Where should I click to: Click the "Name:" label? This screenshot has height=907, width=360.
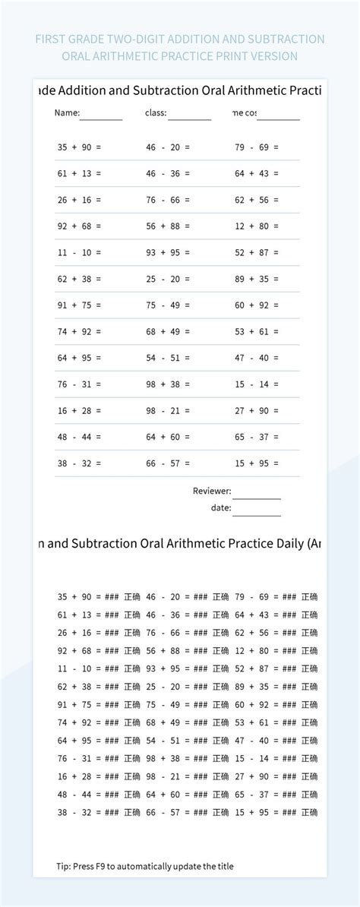[67, 113]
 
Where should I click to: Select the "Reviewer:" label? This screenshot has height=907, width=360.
[212, 491]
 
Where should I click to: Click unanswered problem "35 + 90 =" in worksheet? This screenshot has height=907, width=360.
[79, 147]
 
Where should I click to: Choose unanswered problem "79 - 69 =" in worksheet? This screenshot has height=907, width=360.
[257, 147]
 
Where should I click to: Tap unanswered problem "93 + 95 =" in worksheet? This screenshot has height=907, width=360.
[168, 252]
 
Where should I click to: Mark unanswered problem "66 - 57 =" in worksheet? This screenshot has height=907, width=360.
[168, 463]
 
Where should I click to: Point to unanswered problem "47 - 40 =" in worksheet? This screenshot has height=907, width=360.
[257, 357]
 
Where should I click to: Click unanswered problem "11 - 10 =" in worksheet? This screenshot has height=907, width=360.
[79, 252]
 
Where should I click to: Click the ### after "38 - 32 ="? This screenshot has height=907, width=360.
[112, 812]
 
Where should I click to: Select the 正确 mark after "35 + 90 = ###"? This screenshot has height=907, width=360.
[132, 596]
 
